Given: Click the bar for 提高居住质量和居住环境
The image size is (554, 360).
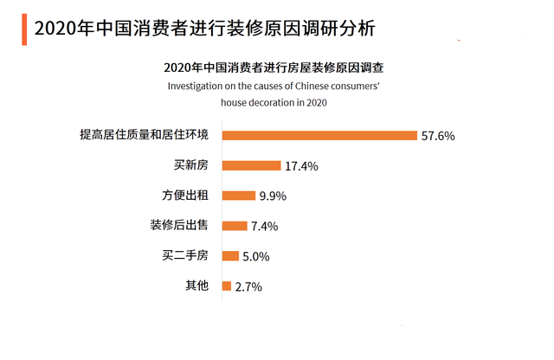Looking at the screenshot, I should (x=319, y=135).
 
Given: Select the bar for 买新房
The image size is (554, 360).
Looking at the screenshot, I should (x=251, y=165).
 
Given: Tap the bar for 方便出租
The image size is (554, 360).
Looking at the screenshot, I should (x=238, y=196).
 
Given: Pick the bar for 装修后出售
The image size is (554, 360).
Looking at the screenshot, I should (x=235, y=226).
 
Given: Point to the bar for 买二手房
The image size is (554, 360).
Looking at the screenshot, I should (x=230, y=255).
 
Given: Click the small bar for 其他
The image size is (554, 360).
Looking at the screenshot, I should (x=226, y=286).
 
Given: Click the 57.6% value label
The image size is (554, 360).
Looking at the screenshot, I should (x=438, y=136).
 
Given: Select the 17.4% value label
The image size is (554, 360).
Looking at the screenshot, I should (x=301, y=166).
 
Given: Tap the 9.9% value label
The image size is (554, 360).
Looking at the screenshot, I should (x=273, y=196).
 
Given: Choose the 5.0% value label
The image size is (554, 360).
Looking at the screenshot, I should (x=256, y=256).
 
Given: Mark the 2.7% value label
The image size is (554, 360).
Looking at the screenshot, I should (x=248, y=286).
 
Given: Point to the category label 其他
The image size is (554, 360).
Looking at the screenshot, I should (x=196, y=286).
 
